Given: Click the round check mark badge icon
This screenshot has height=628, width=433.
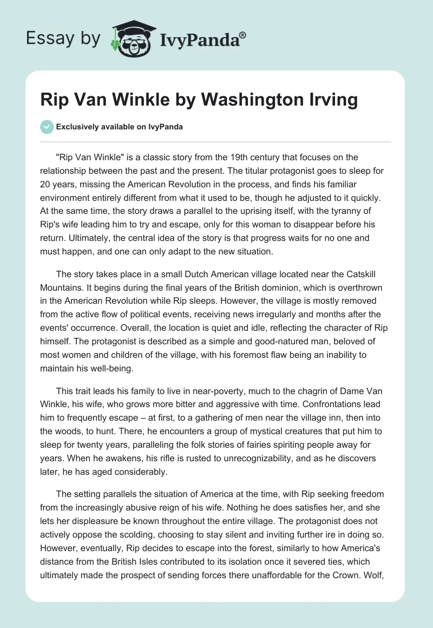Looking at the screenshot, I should coord(47,127).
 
